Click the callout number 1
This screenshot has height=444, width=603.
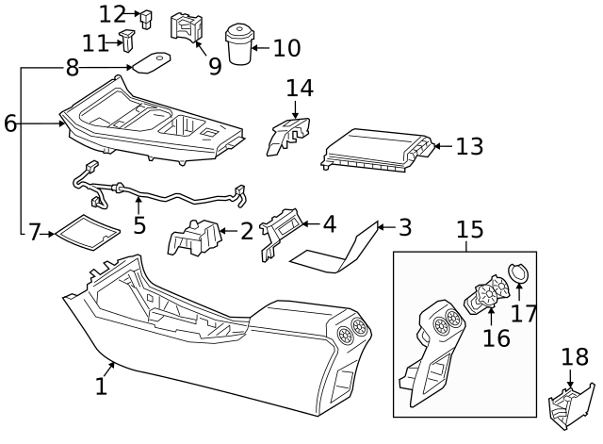(101, 386)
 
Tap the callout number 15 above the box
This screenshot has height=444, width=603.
(471, 229)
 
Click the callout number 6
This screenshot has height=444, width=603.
(10, 123)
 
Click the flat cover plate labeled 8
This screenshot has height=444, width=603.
(151, 63)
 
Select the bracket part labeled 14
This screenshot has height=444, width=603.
(287, 135)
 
